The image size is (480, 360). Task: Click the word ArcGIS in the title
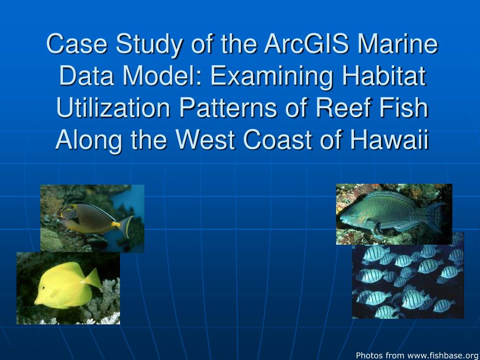[x=307, y=45]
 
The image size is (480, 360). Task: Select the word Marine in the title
[x=398, y=45]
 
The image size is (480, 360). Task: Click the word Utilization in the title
[x=113, y=108]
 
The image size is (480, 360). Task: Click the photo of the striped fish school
[x=408, y=281]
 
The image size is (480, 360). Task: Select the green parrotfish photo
[x=394, y=214]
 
